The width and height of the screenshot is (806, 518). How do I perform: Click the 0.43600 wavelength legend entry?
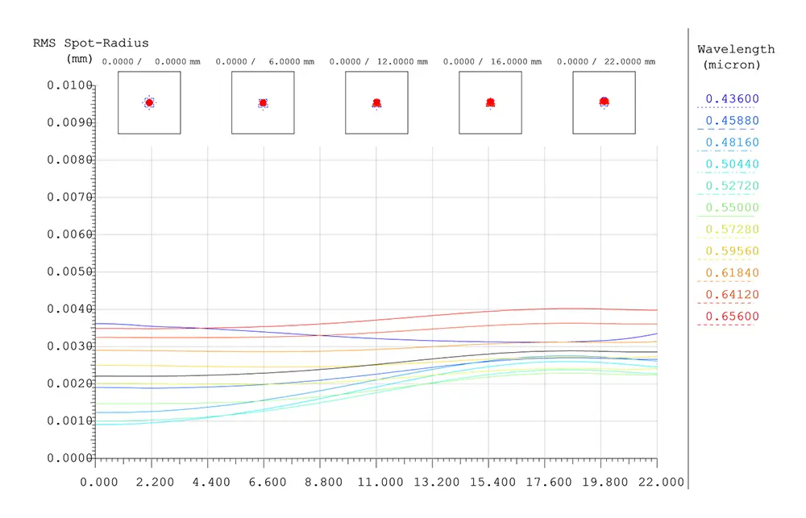(x=732, y=98)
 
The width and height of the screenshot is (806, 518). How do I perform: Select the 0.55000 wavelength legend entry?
(x=732, y=208)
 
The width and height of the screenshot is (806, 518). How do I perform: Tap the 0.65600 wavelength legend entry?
(x=732, y=317)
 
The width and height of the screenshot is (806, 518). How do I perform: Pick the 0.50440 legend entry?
(x=732, y=164)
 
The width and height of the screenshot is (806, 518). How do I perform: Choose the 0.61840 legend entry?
(x=732, y=273)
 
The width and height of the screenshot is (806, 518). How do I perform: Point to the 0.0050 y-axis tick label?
(x=69, y=271)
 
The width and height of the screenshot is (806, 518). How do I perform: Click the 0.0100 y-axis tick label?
(x=69, y=85)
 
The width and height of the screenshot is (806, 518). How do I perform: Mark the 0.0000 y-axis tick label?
(x=69, y=458)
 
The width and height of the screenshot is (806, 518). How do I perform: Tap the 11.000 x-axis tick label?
(x=380, y=482)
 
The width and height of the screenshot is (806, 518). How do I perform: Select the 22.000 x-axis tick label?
(x=661, y=482)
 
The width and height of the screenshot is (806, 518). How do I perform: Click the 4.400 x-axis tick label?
(x=211, y=482)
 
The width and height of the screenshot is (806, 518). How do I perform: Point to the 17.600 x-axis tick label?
(x=548, y=482)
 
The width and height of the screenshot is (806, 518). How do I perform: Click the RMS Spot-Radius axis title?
(x=91, y=44)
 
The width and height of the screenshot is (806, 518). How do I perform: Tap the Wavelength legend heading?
(x=736, y=49)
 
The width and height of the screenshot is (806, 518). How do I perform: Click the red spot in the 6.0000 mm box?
(x=264, y=103)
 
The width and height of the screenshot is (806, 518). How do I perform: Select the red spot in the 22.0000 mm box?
(x=604, y=102)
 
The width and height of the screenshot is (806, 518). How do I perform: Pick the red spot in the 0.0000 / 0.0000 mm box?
(x=149, y=103)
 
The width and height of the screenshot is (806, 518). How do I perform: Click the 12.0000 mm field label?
(x=402, y=62)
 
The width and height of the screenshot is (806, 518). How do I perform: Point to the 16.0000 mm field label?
(x=516, y=62)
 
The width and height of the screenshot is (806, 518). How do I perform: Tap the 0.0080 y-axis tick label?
(x=69, y=160)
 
